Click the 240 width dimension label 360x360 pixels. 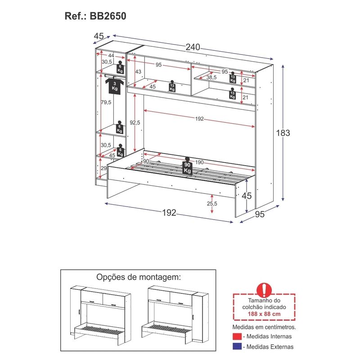pyautogui.click(x=193, y=47)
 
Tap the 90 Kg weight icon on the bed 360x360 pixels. pyautogui.click(x=187, y=167)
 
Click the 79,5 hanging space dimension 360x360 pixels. pyautogui.click(x=107, y=103)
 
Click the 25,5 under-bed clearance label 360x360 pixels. pyautogui.click(x=211, y=203)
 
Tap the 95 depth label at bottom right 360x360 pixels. pyautogui.click(x=260, y=215)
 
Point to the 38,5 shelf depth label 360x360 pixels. pyautogui.click(x=211, y=77)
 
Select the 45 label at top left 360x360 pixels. pyautogui.click(x=99, y=36)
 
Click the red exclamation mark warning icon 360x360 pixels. pyautogui.click(x=264, y=289)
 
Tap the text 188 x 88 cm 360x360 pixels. pyautogui.click(x=264, y=313)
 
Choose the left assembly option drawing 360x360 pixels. pyautogui.click(x=101, y=318)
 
